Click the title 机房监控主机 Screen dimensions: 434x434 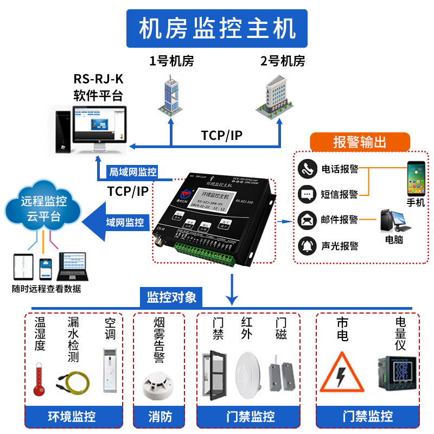click(216, 28)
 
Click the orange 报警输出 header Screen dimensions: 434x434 click(360, 142)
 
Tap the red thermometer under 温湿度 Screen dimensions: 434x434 click(39, 377)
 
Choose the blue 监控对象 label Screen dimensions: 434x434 click(171, 297)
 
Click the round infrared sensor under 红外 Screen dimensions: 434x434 click(252, 372)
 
